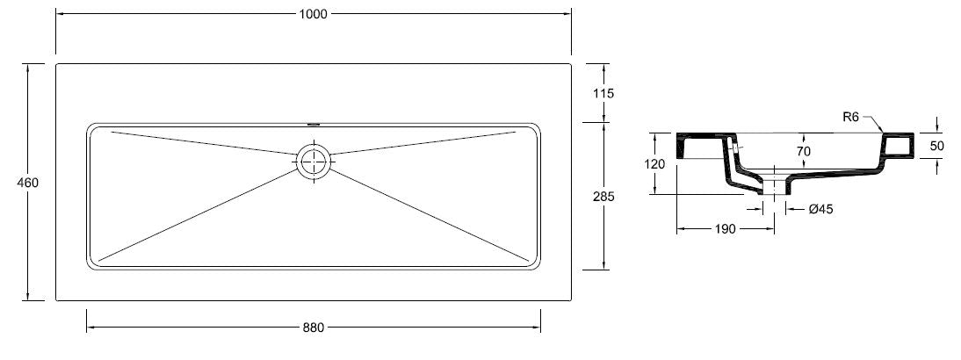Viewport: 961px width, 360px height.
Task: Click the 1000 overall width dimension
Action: (314, 14)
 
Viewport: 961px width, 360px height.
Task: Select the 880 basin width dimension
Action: (314, 328)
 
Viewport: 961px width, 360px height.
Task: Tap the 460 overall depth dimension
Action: (28, 183)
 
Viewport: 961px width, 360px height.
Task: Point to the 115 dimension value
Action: (603, 94)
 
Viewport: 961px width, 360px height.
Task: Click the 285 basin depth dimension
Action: (603, 197)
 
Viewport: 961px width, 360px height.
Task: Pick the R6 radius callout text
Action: (850, 117)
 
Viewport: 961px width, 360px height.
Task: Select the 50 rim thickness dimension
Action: (937, 146)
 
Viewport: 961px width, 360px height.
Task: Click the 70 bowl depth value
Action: (804, 151)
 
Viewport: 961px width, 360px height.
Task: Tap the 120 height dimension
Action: (655, 164)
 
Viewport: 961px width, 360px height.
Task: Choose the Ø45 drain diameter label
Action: (820, 209)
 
